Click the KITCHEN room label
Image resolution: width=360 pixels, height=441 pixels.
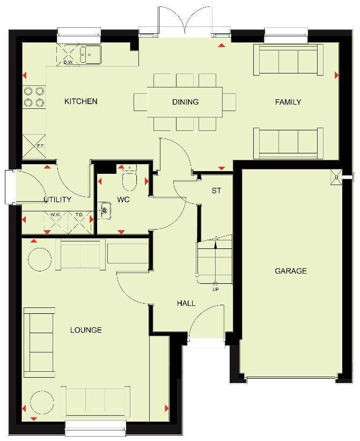(x=80, y=101)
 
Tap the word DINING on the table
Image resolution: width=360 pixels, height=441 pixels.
(x=185, y=102)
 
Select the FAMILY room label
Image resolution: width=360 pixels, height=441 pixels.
(x=288, y=102)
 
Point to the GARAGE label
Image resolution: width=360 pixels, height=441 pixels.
(x=291, y=271)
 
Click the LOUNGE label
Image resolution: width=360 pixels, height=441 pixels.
(x=86, y=330)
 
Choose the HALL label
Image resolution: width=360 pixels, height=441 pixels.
(x=186, y=303)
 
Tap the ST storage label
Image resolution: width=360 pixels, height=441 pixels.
(x=216, y=190)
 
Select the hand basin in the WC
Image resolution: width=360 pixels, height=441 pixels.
(x=104, y=210)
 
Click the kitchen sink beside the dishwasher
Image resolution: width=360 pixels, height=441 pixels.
(x=90, y=54)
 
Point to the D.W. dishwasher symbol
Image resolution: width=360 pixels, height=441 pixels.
(x=68, y=55)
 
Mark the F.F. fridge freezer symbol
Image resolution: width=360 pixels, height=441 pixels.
(x=34, y=146)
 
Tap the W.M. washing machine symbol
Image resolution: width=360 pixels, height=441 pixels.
(x=56, y=223)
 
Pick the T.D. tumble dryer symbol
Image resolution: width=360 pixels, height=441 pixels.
(x=80, y=223)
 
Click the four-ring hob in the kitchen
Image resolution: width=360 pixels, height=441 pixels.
(x=34, y=97)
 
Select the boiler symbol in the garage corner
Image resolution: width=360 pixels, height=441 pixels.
(x=336, y=177)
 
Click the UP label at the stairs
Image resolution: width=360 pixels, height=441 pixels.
(x=216, y=289)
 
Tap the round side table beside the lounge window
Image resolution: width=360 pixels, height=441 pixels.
(x=42, y=402)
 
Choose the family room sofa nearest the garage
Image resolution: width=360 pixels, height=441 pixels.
(x=288, y=143)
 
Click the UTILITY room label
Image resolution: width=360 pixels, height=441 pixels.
(x=57, y=200)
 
